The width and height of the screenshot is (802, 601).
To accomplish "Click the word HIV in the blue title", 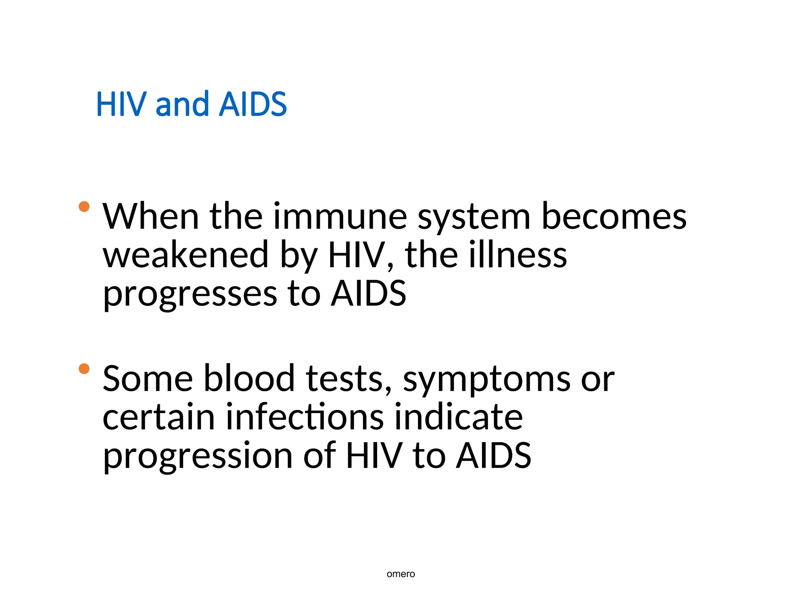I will point(119,104).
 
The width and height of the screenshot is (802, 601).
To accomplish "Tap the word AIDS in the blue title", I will point(253,104).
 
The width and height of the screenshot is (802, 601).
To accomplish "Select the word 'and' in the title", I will point(182,104).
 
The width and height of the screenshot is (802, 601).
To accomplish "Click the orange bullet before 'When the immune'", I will point(84,206).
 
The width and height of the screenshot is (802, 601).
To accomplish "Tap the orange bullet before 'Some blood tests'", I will point(84,369).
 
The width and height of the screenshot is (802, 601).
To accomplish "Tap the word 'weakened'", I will point(185,255).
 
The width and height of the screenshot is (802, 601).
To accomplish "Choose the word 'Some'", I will point(148,378).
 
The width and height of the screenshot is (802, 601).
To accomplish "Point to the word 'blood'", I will point(249,378).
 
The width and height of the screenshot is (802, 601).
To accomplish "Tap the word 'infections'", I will point(305,417).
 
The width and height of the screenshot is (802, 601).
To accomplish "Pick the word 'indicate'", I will point(458,417).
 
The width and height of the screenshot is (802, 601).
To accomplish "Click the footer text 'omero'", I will point(401,574).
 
